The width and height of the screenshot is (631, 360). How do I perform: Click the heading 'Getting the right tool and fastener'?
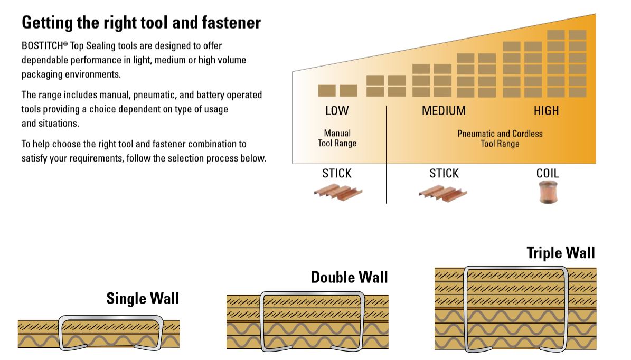(141, 23)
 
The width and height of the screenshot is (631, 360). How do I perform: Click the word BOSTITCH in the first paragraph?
(42, 46)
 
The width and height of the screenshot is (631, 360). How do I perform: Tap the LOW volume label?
(337, 111)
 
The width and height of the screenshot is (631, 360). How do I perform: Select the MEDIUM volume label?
(444, 111)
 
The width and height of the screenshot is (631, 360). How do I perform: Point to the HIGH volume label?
(546, 111)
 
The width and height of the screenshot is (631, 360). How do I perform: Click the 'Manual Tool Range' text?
(337, 138)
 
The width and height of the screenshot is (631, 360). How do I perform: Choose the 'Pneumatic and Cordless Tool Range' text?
(500, 138)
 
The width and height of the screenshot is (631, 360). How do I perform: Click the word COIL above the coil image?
(547, 174)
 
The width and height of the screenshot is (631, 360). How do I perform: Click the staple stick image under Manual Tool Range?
(337, 192)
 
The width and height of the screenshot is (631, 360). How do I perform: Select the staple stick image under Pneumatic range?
(444, 192)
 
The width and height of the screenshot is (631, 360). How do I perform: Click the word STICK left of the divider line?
(337, 174)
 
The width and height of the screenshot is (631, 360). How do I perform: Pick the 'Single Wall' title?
(143, 298)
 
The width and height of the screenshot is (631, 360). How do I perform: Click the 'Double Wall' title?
(349, 277)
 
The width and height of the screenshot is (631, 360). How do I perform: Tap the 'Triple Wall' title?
(560, 253)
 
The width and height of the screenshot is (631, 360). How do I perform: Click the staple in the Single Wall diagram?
(111, 318)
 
